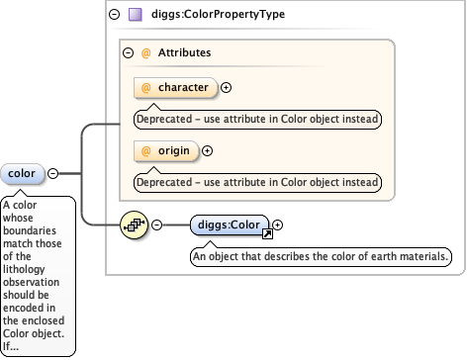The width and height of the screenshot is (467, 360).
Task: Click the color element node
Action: pos(22,174)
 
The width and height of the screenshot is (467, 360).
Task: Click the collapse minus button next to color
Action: pos(53,174)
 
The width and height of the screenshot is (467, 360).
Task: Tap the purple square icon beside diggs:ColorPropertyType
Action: pos(136,14)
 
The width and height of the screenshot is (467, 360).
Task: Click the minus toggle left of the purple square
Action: pos(116,14)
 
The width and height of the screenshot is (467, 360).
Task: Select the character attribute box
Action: pos(175,87)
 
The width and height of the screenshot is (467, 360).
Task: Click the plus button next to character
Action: pos(227,87)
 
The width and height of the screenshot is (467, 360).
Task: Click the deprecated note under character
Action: pos(258,119)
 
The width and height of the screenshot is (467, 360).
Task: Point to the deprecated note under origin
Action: pos(258,182)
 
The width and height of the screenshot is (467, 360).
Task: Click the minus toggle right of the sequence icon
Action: pos(156,225)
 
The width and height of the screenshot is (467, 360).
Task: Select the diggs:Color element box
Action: pos(231,225)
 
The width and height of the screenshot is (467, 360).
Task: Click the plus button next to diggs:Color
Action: pos(278,225)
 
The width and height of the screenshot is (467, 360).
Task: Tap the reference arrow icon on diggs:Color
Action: pos(266,233)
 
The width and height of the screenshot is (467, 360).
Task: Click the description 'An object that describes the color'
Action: pos(321,256)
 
